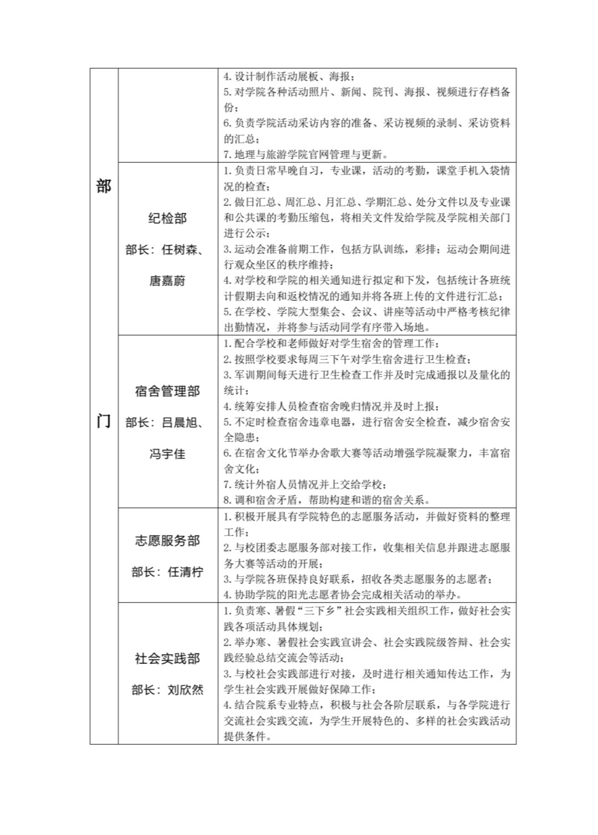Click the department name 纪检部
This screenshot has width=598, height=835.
(x=167, y=219)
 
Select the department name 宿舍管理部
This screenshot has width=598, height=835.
(x=167, y=391)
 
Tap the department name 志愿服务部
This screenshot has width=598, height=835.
(x=167, y=540)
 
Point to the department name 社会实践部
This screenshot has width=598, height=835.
(x=167, y=658)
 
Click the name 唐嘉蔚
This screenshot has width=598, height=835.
(x=167, y=281)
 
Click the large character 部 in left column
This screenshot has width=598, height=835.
(x=104, y=186)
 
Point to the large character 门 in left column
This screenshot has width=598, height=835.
(x=104, y=421)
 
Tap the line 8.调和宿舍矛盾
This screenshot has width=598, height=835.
(x=327, y=500)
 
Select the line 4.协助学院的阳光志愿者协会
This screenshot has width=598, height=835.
(x=343, y=595)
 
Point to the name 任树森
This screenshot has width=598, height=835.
(x=180, y=250)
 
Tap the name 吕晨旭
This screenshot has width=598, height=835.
(x=180, y=423)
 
